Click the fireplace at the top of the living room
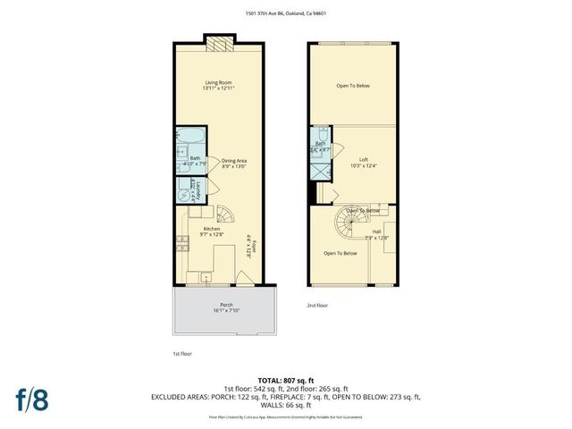(x=218, y=43)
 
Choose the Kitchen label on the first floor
(x=212, y=231)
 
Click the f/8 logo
(x=33, y=399)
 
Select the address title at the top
(x=285, y=13)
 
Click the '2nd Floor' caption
(x=318, y=305)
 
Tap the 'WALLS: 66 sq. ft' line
(x=285, y=406)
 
